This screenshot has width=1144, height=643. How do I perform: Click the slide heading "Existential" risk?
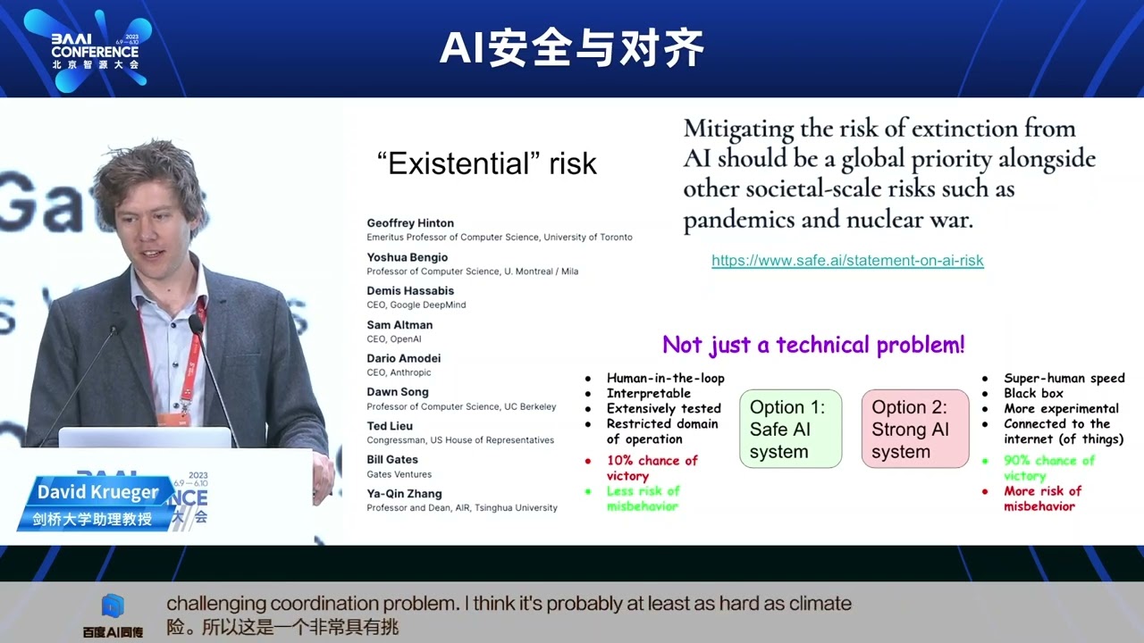(487, 164)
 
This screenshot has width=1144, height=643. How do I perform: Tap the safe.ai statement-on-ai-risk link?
(847, 261)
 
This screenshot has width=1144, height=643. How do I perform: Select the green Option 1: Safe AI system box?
(790, 429)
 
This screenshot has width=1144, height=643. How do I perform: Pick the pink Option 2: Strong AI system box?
(914, 429)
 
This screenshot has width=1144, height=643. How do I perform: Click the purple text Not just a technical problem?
(813, 345)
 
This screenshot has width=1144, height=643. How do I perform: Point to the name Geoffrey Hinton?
(410, 223)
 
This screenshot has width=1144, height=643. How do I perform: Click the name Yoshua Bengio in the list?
(407, 257)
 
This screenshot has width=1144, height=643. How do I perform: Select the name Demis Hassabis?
(410, 291)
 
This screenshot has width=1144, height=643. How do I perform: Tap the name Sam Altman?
(400, 325)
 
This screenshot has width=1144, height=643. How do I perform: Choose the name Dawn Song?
(398, 392)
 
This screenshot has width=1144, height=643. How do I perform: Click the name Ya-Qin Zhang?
(404, 494)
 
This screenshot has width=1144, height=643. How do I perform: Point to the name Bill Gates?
(392, 460)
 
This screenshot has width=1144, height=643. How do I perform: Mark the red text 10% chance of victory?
(652, 468)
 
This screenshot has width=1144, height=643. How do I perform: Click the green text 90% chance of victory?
(1048, 468)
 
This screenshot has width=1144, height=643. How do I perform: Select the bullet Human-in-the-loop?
(665, 379)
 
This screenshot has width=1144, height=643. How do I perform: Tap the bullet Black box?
(1033, 394)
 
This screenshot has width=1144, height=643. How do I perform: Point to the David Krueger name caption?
(97, 493)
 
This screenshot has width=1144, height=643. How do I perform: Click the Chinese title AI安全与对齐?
(572, 48)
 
